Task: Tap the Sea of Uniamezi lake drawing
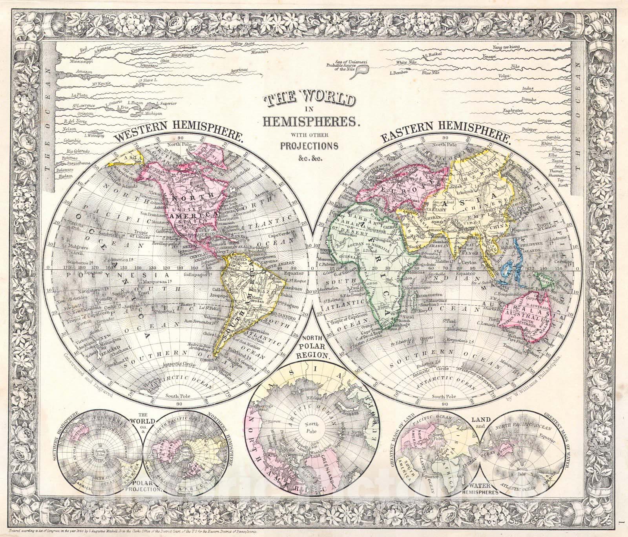pyautogui.click(x=364, y=70)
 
